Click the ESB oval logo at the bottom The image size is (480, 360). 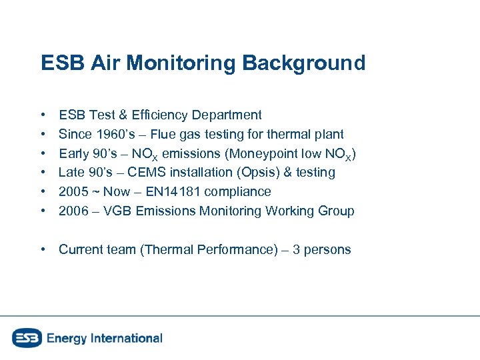tap(27, 338)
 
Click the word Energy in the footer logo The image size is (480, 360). tap(66, 338)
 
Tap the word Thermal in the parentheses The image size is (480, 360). tap(166, 250)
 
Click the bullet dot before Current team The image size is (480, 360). tap(43, 250)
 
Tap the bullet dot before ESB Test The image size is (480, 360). tap(43, 115)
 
